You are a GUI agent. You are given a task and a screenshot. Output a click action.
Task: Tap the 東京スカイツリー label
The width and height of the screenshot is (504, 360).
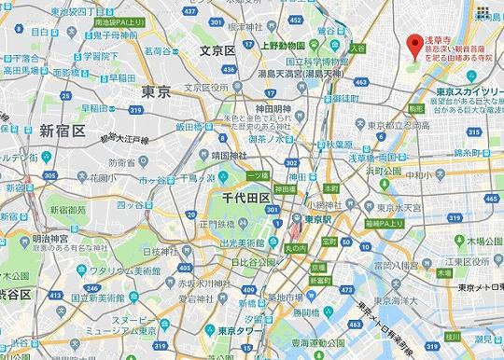470,91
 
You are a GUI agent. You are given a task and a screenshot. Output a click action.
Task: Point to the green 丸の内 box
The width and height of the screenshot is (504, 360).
293,247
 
